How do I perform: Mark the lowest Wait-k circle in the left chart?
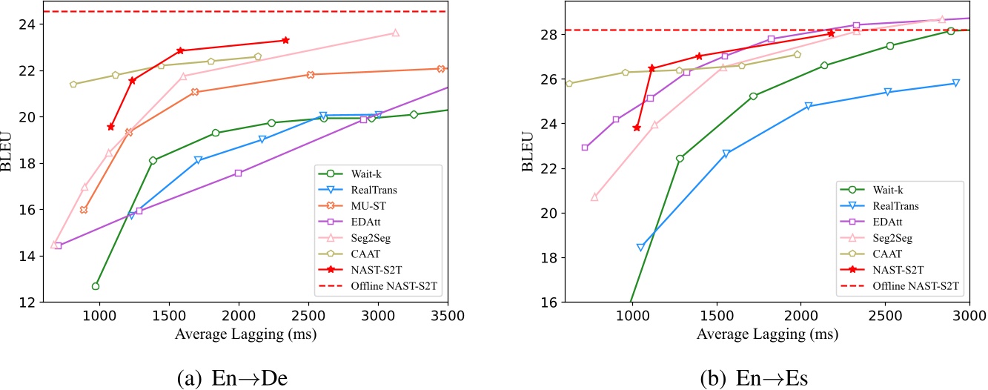[x=96, y=286]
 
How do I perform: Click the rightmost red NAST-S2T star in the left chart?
[x=285, y=40]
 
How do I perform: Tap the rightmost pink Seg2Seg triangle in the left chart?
[x=395, y=33]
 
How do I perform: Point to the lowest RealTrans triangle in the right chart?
[x=640, y=248]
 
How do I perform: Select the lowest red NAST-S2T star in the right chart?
[x=637, y=128]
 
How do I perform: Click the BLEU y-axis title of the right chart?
[x=528, y=158]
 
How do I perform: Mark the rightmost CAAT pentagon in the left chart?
[x=258, y=56]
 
